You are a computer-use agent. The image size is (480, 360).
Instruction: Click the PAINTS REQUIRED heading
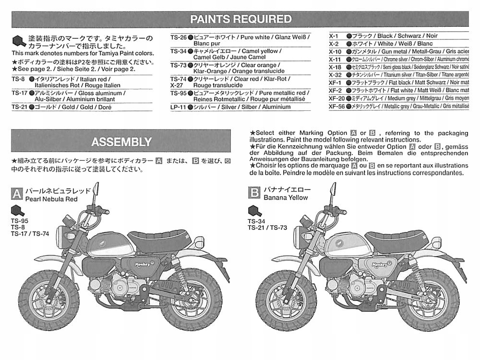[x=240, y=19]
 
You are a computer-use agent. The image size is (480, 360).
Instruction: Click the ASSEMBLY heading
[x=121, y=142]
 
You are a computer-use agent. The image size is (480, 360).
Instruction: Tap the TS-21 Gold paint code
[x=19, y=107]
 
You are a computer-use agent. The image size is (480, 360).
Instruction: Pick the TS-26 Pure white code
[x=178, y=36]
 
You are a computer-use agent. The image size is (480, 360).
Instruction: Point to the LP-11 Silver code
[x=178, y=107]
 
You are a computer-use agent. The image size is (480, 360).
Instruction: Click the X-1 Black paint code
[x=335, y=36]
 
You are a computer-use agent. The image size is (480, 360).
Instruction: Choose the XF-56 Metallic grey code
[x=336, y=106]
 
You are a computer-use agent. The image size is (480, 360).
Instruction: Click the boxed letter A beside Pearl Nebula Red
[x=17, y=193]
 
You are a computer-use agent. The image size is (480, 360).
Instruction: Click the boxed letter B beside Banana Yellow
[x=254, y=193]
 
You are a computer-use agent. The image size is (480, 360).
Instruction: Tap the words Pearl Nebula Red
[x=51, y=199]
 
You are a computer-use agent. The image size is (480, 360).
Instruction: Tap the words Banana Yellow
[x=285, y=197]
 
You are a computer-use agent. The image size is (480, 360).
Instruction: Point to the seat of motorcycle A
[x=160, y=238]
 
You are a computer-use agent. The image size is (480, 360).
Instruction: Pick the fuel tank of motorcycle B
[x=343, y=242]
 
